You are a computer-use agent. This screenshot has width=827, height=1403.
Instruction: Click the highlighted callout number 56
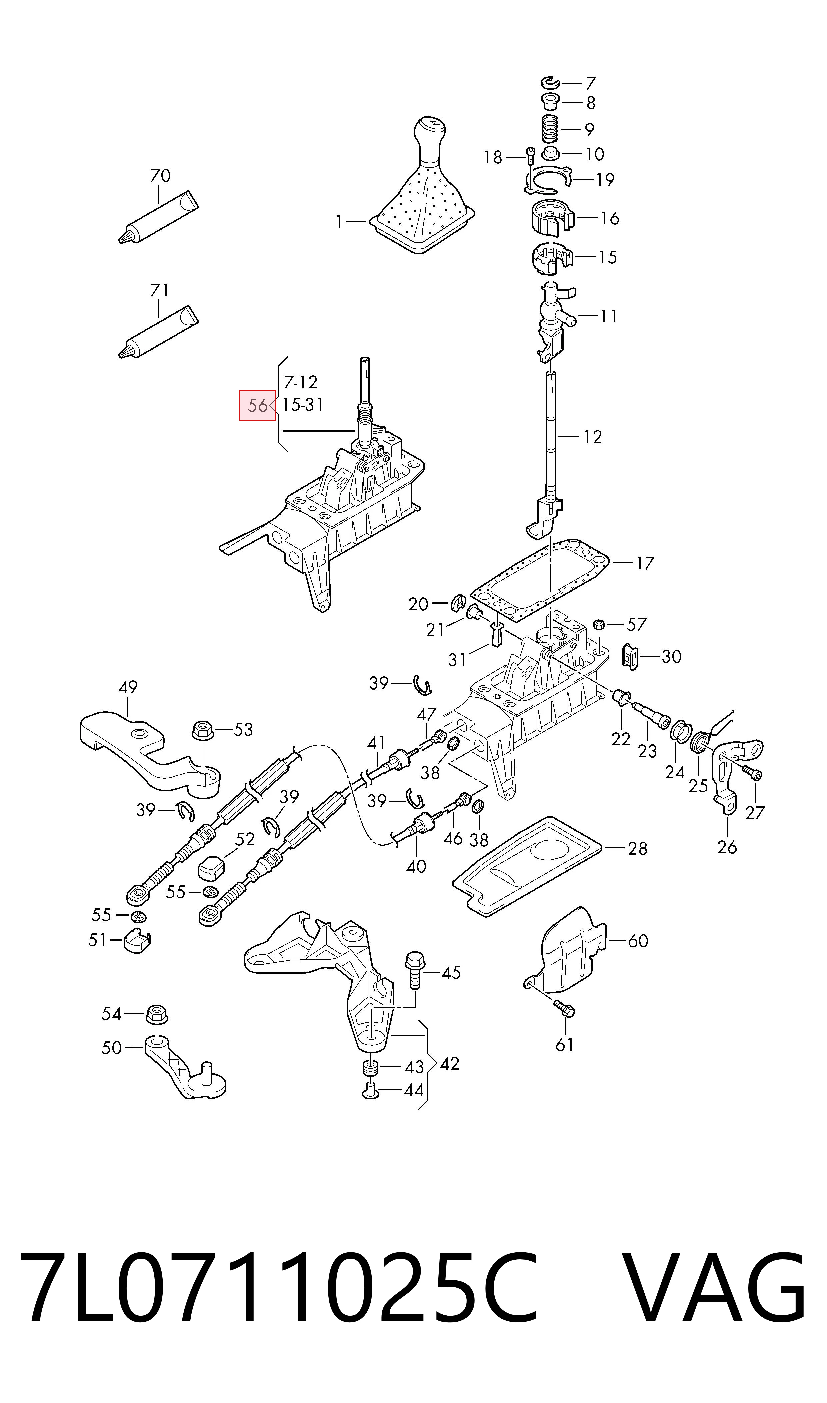[x=257, y=405]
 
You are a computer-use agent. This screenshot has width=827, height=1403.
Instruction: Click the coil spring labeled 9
[x=551, y=129]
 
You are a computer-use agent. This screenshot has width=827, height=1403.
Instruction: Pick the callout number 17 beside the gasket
[x=644, y=563]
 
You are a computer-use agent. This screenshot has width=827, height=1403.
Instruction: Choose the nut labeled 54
[x=157, y=1014]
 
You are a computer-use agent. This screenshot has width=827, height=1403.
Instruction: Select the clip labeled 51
[x=137, y=941]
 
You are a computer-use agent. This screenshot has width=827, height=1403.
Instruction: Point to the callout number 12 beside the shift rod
[x=592, y=437]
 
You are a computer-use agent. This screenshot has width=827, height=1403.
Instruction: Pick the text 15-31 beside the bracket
[x=303, y=405]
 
